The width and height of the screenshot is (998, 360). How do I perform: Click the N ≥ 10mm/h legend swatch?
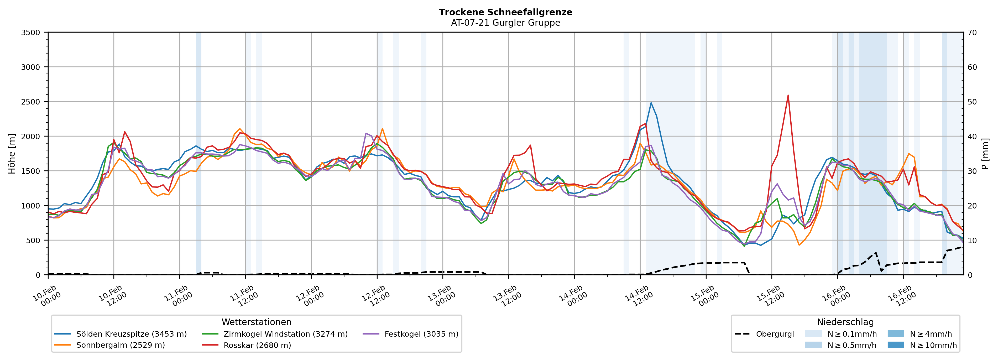pos(895,345)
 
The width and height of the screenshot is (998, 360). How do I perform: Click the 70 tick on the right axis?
pos(972,33)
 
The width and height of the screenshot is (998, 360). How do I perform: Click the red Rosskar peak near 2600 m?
pos(788,95)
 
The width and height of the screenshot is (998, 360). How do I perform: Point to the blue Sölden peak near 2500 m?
pos(651,103)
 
